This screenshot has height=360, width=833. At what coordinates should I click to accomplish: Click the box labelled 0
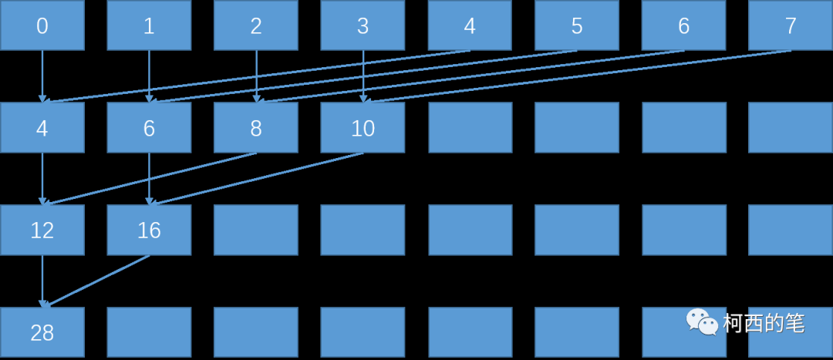[42, 26]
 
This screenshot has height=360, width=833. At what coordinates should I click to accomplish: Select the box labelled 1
[149, 26]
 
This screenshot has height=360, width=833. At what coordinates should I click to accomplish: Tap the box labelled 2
[256, 26]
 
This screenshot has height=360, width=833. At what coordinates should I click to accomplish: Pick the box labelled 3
[363, 26]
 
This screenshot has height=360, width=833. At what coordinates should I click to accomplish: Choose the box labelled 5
[576, 26]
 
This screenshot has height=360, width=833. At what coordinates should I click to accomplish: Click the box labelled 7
[791, 26]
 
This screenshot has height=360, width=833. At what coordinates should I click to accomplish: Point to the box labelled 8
[256, 128]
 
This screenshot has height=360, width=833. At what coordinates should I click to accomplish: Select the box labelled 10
[363, 128]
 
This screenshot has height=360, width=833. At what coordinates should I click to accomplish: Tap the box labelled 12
[42, 230]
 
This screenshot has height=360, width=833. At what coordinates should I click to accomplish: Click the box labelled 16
[149, 230]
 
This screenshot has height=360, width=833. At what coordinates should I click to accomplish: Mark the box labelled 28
[42, 332]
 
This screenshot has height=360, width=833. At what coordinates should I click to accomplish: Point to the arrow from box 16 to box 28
[96, 281]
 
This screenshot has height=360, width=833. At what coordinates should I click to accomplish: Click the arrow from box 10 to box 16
[258, 179]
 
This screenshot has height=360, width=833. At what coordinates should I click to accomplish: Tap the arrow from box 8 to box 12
[150, 179]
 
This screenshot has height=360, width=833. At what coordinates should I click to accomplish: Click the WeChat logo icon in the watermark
[702, 321]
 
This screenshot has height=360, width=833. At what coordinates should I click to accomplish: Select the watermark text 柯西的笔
[764, 323]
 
